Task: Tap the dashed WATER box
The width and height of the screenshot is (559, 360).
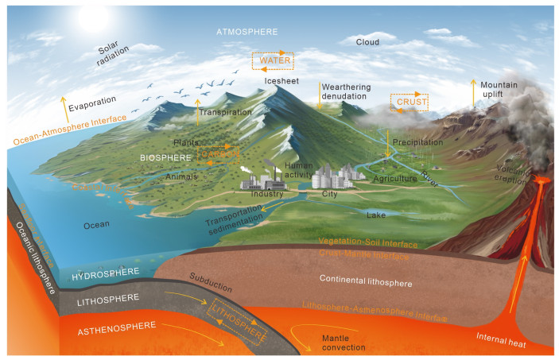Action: tap(273, 60)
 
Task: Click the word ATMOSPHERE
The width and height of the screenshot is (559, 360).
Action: tap(248, 31)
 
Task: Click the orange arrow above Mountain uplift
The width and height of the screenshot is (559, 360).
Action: tap(475, 91)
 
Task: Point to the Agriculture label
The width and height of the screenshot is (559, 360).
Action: tap(395, 179)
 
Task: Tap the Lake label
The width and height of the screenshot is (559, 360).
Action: tap(376, 215)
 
